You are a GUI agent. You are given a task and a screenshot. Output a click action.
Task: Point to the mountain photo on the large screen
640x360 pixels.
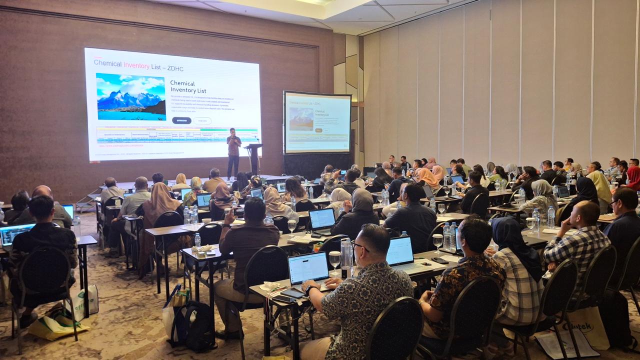[131, 96]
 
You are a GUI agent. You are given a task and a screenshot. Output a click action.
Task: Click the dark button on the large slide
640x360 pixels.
[181, 120]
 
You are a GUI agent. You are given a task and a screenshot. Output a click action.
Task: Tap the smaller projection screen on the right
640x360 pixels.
[317, 122]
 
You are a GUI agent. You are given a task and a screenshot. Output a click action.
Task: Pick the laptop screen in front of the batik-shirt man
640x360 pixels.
[308, 268]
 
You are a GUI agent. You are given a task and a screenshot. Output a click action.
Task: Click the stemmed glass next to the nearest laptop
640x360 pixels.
[334, 260]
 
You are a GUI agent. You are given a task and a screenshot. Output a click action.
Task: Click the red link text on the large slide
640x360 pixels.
[120, 145]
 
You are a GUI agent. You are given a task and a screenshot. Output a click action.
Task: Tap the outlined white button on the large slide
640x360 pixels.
[202, 120]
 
